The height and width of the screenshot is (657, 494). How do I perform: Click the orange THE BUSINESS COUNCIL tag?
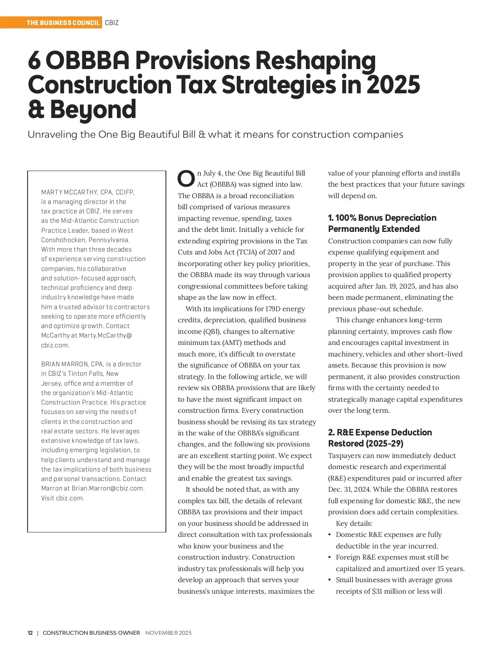click(x=63, y=23)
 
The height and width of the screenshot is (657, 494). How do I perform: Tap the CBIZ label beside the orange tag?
click(x=112, y=23)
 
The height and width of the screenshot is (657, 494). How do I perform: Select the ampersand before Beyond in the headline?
click(x=36, y=110)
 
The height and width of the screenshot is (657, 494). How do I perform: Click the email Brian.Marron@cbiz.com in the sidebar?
click(x=108, y=488)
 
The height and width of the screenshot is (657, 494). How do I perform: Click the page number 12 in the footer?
click(x=30, y=633)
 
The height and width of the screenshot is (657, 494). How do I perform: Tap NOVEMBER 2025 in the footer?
click(x=168, y=633)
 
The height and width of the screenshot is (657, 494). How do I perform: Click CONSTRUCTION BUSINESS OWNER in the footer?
click(x=91, y=633)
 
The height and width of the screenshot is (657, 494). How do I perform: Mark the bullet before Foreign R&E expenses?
click(x=330, y=558)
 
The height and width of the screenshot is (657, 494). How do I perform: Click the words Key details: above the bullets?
click(x=354, y=523)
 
